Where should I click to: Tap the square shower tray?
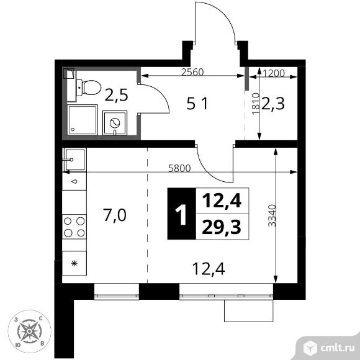[x=83, y=120]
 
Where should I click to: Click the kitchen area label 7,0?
[x=116, y=215]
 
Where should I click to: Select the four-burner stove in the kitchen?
[x=74, y=227]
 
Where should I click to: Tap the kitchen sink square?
[x=74, y=161]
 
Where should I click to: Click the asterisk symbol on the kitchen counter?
[x=74, y=263]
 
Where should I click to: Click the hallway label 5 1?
[x=199, y=104]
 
